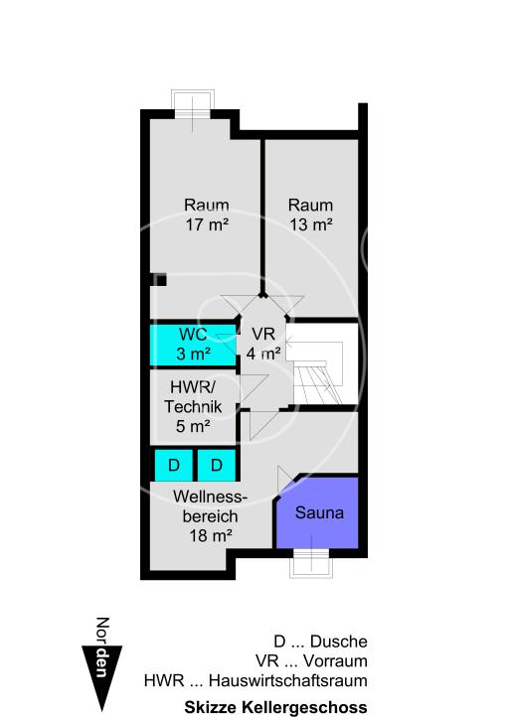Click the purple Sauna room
coord(318,512)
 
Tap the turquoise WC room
coord(194,344)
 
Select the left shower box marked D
coord(173,465)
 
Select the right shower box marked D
coord(217,465)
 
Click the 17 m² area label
coord(207,224)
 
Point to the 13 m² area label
coord(310,224)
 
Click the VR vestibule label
coord(263,334)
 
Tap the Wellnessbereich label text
coord(208,505)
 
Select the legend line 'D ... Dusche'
coord(320,642)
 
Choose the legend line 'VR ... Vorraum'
coord(311,661)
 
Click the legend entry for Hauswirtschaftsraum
coord(255,681)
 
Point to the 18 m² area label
coord(210,534)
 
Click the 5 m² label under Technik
coord(193,427)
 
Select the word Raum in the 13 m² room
coord(310,206)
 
